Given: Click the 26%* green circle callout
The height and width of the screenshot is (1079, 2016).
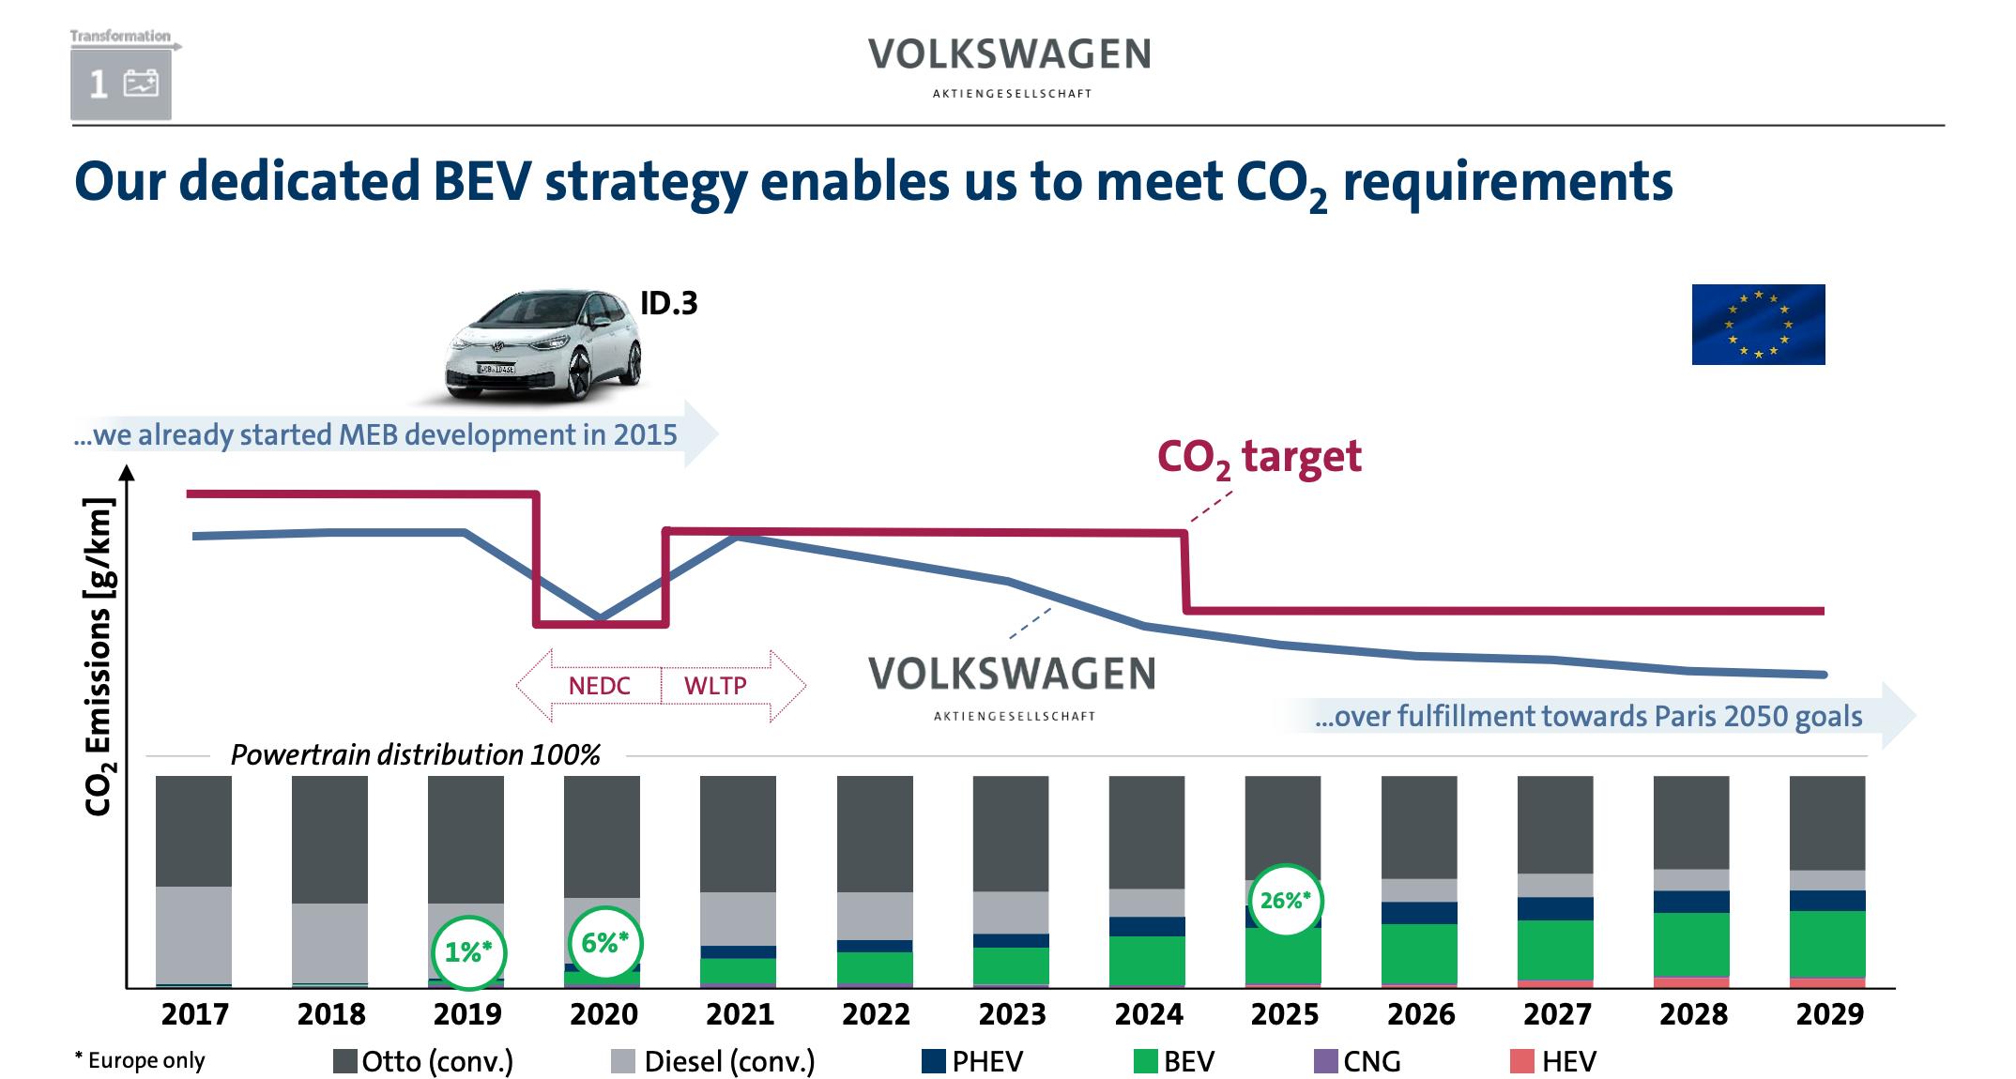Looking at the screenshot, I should (x=1285, y=901).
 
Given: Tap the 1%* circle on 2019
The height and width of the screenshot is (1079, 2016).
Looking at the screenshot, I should (x=468, y=952).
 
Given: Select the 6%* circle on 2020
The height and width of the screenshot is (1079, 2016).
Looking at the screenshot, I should (x=605, y=943).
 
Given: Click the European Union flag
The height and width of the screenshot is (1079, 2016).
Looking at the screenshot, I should (x=1758, y=325).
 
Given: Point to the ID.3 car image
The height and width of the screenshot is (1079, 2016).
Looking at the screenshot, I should (x=543, y=346).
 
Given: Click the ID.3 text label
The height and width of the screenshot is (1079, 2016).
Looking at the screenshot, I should (x=669, y=304).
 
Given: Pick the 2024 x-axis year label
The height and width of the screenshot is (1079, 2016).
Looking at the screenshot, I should (x=1149, y=1014).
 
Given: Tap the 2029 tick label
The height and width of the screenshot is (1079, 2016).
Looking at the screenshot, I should (x=1829, y=1014).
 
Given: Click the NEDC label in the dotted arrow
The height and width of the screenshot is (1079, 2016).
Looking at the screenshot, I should (x=599, y=686).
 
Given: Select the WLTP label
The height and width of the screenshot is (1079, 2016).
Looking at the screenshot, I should (x=715, y=686).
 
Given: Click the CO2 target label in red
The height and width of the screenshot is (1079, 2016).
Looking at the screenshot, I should (x=1259, y=458).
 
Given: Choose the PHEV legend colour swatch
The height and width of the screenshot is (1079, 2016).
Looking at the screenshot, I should (x=934, y=1061).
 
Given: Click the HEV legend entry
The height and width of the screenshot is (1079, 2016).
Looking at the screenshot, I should (x=1553, y=1061).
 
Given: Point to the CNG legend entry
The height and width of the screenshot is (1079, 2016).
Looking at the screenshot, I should (x=1358, y=1061).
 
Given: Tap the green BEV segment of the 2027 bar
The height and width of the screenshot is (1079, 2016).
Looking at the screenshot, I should (x=1555, y=950).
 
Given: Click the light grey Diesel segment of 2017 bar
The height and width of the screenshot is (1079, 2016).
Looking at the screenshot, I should (x=193, y=934).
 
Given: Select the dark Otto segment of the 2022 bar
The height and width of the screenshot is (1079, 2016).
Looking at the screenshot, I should (x=875, y=833).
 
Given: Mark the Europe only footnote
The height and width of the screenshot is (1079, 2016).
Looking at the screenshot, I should (x=140, y=1060).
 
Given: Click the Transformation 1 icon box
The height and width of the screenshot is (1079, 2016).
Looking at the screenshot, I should (x=121, y=84).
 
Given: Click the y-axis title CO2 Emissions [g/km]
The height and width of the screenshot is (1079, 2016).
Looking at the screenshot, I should (x=99, y=657).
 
